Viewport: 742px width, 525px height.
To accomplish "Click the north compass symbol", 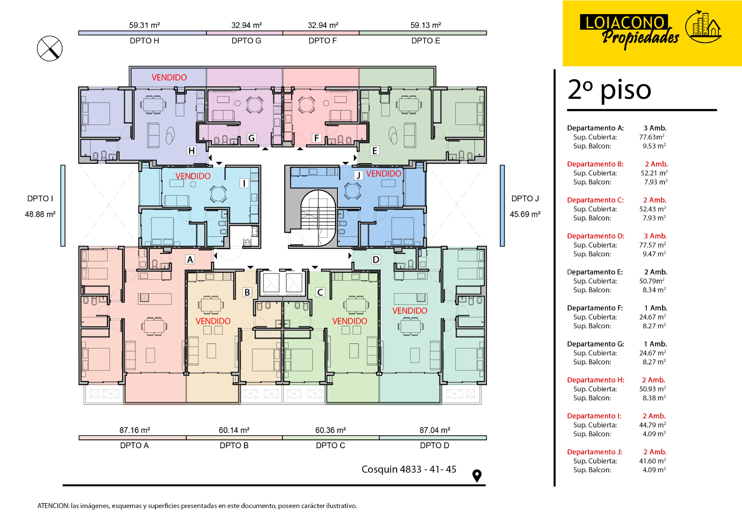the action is point(50,48).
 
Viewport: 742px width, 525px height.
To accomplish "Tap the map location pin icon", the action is point(477,475).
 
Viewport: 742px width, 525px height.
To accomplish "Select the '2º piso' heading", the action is point(609,90).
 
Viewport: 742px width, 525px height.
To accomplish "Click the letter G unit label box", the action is point(251,138).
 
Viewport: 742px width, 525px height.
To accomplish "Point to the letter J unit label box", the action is point(358,175).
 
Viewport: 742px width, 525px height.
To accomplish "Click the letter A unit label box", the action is point(190,259).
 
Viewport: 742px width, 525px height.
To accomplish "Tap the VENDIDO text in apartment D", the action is point(410,311).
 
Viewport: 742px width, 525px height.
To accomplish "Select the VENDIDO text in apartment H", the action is point(169,77).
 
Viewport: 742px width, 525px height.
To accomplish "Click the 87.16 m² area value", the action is point(134,430).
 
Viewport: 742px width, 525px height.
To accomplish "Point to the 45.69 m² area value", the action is point(525,214).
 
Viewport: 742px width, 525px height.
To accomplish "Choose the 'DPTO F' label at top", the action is point(323,41).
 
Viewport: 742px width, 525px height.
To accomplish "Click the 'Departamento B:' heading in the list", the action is point(595,164).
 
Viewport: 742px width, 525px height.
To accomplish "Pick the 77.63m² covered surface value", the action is point(652,137).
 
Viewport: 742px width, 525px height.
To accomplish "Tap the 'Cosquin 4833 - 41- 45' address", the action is point(409,469).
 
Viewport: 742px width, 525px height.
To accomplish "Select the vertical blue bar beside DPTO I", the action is point(63,206).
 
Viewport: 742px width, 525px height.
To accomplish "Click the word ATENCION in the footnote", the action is point(53,506).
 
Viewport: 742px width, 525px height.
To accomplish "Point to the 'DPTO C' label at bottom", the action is point(331,446).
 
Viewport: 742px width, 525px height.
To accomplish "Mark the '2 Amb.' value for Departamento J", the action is point(655,452).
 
